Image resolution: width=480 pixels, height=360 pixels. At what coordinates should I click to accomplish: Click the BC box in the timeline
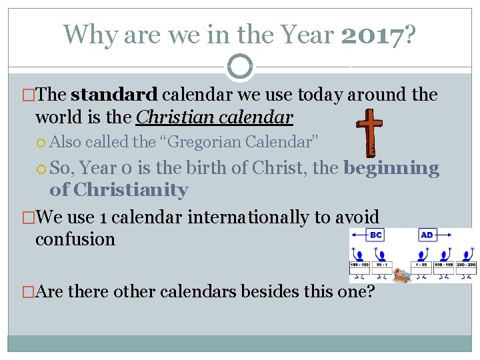click(375, 235)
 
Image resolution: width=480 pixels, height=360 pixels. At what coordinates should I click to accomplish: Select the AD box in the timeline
click(427, 235)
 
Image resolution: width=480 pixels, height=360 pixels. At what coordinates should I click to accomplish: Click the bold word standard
click(115, 95)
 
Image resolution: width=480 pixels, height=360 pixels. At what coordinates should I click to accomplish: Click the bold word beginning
click(391, 168)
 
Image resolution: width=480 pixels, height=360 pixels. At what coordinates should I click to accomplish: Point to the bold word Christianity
click(131, 190)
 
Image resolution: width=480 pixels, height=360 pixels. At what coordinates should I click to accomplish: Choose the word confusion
click(75, 239)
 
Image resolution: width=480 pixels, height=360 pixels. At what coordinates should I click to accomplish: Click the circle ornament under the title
click(240, 67)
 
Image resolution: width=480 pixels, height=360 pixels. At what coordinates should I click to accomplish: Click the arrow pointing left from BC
click(357, 235)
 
